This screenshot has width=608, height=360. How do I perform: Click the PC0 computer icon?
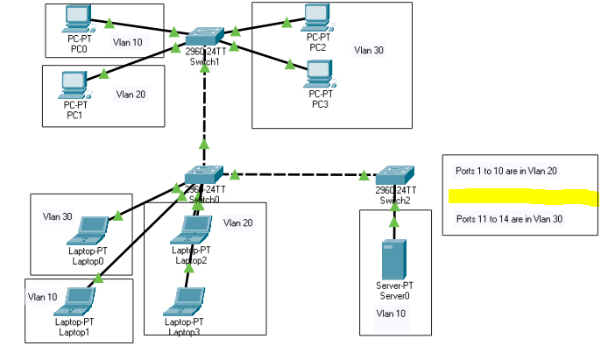pos(77,17)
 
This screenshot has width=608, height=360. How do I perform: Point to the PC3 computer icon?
pos(319,71)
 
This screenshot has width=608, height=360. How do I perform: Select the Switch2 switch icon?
pos(394,173)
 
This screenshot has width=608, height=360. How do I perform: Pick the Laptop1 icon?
pos(74,300)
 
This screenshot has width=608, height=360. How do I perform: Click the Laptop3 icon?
pos(186,300)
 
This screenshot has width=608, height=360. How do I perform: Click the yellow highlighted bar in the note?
pos(521,196)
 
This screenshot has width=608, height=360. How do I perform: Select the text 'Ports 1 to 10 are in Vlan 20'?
pos(507,172)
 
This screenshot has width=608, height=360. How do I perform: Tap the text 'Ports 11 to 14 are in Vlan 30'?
pos(509,219)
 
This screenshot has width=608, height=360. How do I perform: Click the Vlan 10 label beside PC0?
pos(128,41)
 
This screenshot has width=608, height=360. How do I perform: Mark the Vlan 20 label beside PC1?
pos(131,94)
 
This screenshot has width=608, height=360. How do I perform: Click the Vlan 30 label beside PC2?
pos(368,50)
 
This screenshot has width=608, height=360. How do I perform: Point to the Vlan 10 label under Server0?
pos(391,313)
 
